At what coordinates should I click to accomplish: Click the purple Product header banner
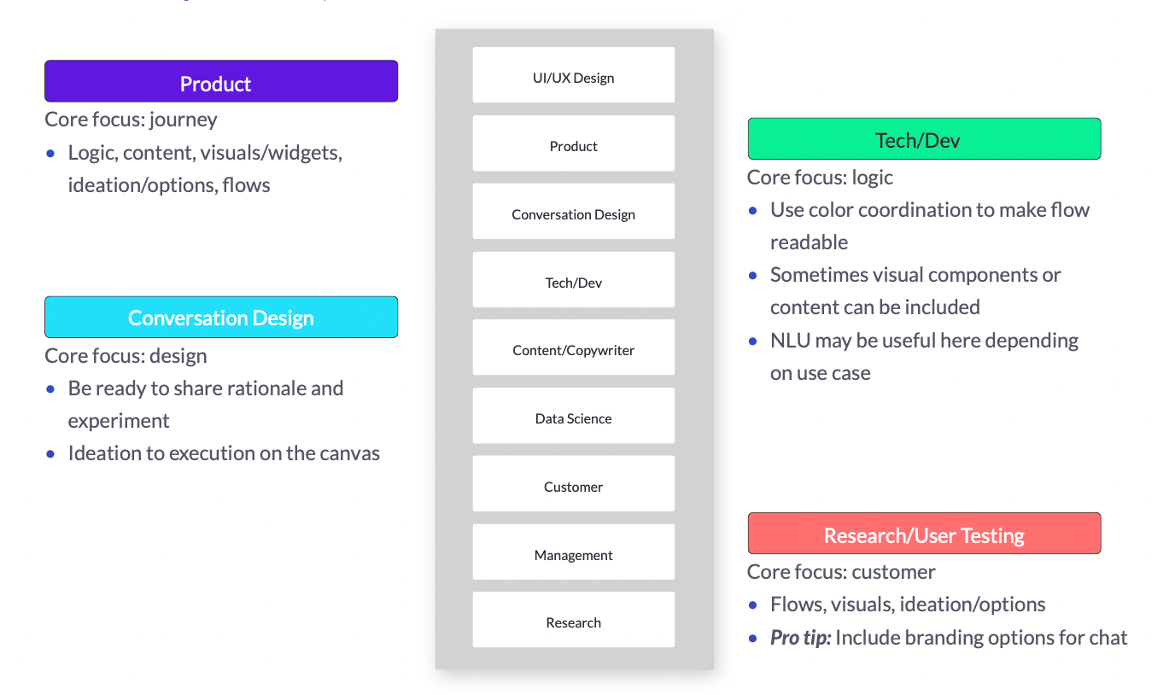point(221,81)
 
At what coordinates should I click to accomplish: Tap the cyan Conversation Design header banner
point(221,317)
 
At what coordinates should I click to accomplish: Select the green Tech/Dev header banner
point(924,138)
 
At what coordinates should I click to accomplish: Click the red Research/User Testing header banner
point(924,533)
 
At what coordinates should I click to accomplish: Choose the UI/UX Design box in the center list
point(573,75)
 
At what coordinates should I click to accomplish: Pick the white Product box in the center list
point(573,143)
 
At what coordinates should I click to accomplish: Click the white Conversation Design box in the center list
point(573,212)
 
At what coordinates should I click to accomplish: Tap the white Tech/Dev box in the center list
point(573,279)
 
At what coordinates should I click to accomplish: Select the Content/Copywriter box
point(573,347)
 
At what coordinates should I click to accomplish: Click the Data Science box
point(573,416)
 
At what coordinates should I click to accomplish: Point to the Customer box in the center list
point(573,483)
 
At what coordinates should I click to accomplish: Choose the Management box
point(573,552)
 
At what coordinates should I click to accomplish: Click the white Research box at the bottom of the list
point(573,620)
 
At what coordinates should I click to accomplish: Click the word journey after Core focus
point(183,120)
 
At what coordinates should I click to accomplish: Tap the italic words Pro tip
point(800,638)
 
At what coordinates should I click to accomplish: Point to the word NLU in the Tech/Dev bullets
point(789,341)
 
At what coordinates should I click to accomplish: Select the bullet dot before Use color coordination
point(753,211)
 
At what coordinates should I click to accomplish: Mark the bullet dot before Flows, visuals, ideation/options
point(753,605)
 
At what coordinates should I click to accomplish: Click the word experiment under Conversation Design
point(119,421)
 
